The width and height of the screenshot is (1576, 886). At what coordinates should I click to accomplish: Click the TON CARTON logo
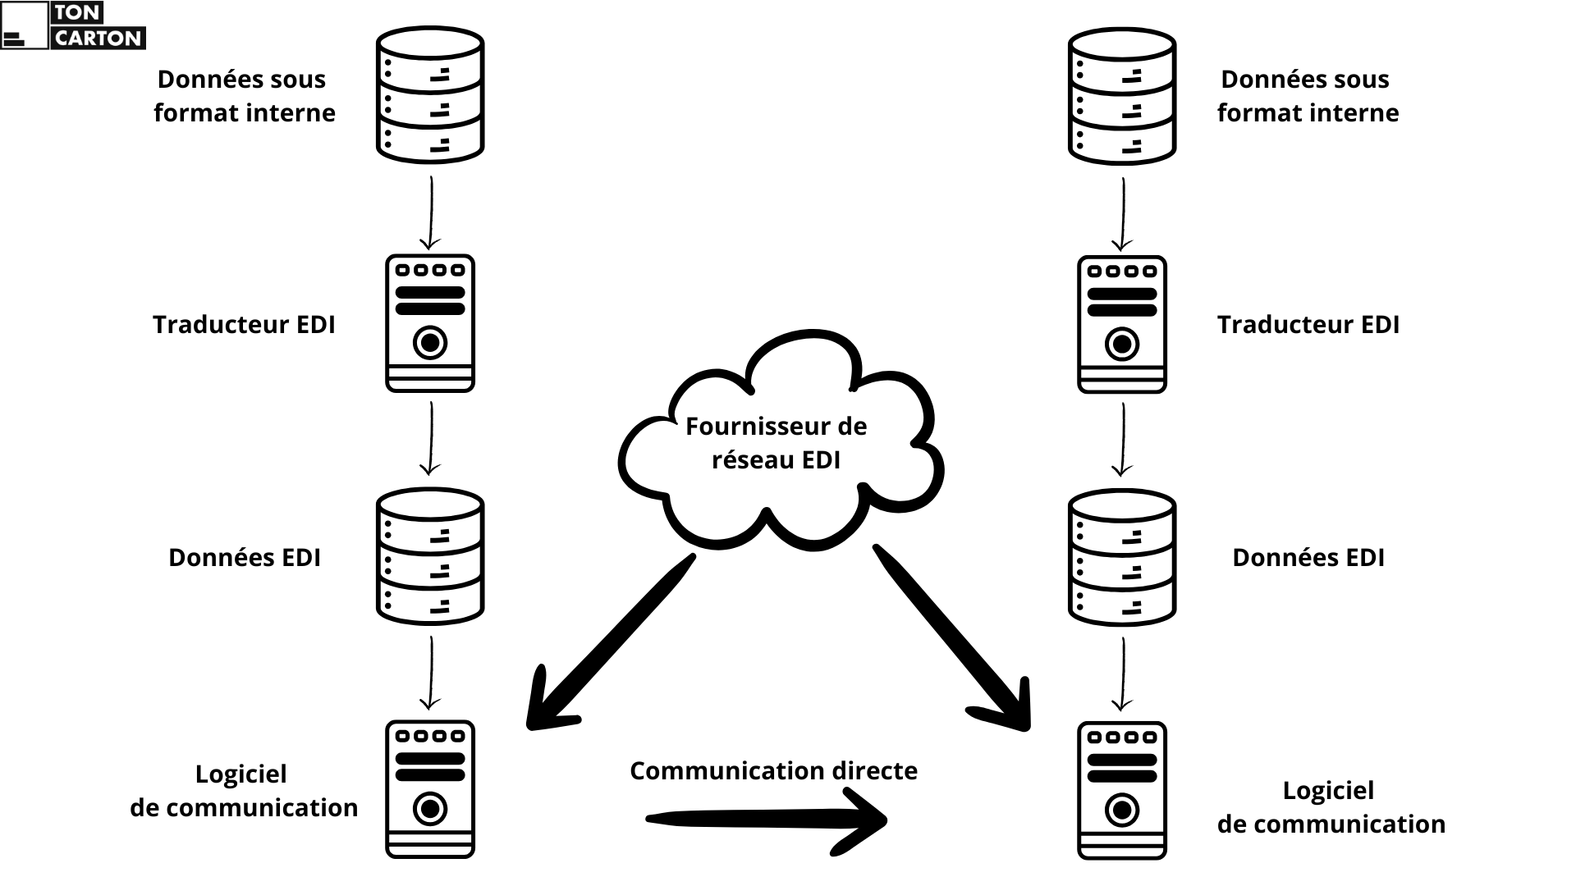[x=73, y=25]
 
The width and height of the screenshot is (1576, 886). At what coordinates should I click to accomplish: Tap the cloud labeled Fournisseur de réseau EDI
[x=776, y=443]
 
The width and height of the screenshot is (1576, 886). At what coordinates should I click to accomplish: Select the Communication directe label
[x=773, y=771]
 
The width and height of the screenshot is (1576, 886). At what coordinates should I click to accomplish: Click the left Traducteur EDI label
[x=244, y=325]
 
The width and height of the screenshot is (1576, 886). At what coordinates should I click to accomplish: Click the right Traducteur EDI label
[x=1308, y=325]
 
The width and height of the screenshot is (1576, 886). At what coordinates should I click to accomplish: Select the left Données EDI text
[x=244, y=558]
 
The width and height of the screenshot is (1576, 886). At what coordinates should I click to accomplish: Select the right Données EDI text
[x=1308, y=558]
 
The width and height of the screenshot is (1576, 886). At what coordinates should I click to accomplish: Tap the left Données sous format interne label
[x=244, y=96]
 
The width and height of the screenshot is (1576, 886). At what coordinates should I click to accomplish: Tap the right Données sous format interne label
[x=1308, y=96]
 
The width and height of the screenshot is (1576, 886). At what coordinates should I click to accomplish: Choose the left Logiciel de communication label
[x=244, y=791]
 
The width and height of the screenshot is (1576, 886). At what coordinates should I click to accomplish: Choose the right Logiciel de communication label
[x=1331, y=807]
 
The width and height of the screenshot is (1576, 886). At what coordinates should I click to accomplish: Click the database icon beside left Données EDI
[x=430, y=556]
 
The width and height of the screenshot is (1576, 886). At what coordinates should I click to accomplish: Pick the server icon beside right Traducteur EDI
[x=1122, y=325]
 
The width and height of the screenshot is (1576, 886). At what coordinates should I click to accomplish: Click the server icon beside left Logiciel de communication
[x=430, y=790]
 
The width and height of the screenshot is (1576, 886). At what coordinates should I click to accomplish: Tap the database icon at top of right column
[x=1122, y=95]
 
